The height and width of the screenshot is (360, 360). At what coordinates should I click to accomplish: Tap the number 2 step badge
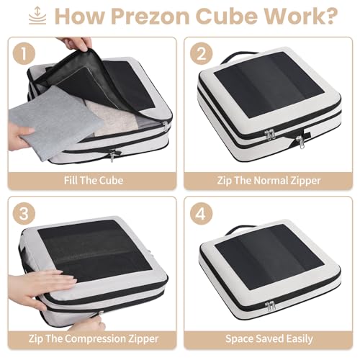click(x=201, y=53)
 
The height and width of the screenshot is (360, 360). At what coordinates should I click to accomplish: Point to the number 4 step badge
click(x=201, y=214)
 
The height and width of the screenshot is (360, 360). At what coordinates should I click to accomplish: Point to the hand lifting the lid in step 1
click(x=76, y=45)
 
